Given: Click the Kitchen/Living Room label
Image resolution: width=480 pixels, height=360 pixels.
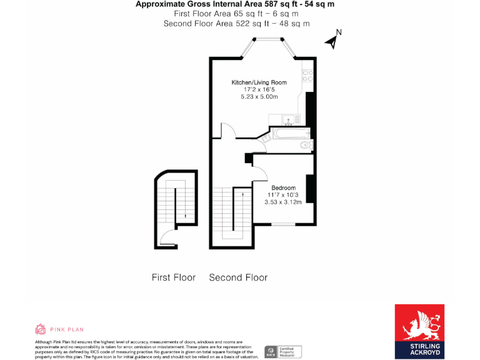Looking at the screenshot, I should [259, 82].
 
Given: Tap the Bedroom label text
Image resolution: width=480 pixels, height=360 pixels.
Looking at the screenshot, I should [283, 188].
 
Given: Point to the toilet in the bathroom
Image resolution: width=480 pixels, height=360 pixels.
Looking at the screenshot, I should [306, 146].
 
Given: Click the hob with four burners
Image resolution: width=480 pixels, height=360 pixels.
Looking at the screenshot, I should [307, 76].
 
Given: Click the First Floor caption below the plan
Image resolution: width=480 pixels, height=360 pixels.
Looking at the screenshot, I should [174, 277].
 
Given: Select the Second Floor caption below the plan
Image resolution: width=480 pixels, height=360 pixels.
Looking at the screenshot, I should [238, 277].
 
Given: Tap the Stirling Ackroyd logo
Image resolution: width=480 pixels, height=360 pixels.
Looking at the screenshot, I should [419, 332].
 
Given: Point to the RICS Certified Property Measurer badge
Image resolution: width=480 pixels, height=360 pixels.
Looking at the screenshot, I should [284, 351].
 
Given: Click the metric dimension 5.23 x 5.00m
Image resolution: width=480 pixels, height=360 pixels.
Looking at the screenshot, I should [259, 97].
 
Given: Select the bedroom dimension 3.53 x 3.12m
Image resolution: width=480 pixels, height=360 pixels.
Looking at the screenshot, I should [283, 202].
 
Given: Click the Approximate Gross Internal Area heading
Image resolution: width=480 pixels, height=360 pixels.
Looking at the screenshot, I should [235, 4].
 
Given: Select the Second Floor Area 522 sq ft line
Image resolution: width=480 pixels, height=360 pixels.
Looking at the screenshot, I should [236, 23].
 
